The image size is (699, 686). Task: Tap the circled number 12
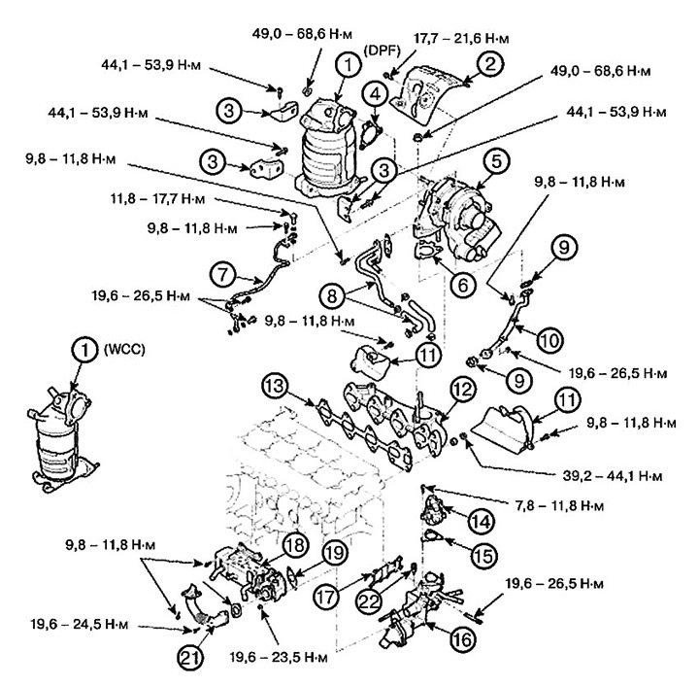pyautogui.click(x=462, y=390)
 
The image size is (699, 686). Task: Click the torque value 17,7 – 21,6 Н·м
pyautogui.click(x=449, y=38)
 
